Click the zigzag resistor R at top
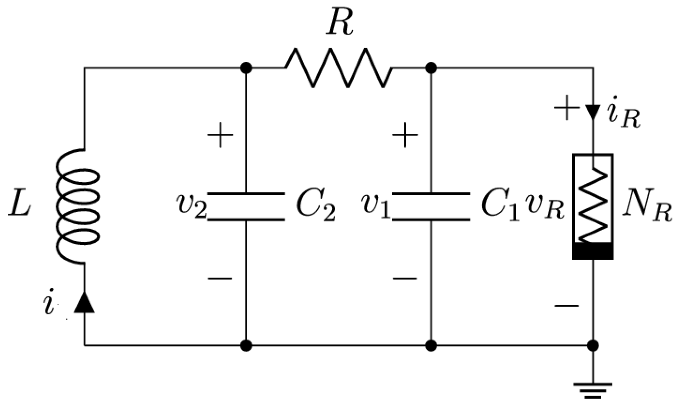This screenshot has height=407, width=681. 338,68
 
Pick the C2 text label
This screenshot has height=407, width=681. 315,207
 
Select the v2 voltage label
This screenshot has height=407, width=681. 192,207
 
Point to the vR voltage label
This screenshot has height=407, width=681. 544,209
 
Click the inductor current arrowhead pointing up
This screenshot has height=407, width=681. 84,302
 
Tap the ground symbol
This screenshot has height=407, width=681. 593,390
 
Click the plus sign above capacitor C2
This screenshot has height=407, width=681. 220,135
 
